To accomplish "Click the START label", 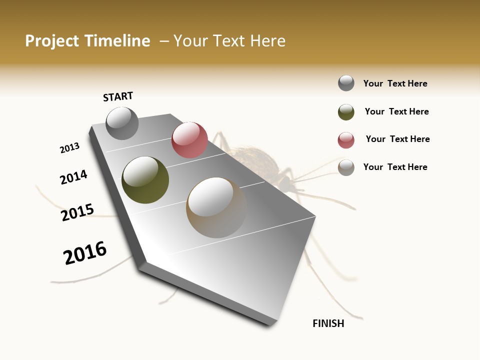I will pos(118,96).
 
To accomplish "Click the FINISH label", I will pos(328,323).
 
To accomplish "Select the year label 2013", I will pos(69,148).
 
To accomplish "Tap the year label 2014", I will pos(73,177).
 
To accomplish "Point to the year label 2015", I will pos(77,212).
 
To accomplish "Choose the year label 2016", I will pos(85,253).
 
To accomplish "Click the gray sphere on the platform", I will pos(122,123).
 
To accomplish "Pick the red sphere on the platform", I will pos(189,140).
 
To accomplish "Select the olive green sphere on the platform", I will pos(145,180).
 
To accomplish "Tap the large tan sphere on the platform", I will pos(216,207).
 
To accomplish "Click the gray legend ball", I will pos(346,83).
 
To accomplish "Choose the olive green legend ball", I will pos(346,111).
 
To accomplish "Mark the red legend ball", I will pos(346,139).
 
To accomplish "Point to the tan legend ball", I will pos(346,167).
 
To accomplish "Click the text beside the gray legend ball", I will pos(395,83).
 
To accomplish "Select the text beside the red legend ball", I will pos(397,139).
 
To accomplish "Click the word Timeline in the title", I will pos(117,41).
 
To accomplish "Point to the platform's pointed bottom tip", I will pos(270,324).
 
